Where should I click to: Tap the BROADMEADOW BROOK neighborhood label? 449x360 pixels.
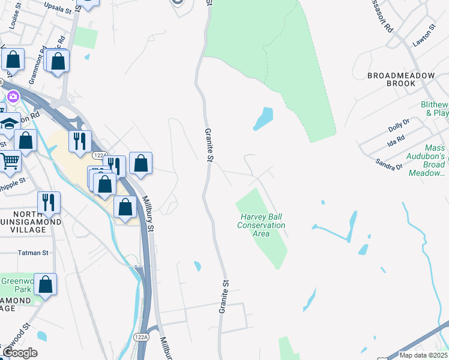pyautogui.click(x=392, y=80)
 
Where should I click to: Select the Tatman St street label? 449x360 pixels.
pyautogui.click(x=33, y=253)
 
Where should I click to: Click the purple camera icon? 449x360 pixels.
pyautogui.click(x=13, y=96)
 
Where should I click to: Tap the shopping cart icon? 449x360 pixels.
pyautogui.click(x=9, y=160)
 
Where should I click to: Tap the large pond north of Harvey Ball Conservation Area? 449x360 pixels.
pyautogui.click(x=263, y=118)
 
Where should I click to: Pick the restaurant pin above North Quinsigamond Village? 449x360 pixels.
pyautogui.click(x=49, y=202)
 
